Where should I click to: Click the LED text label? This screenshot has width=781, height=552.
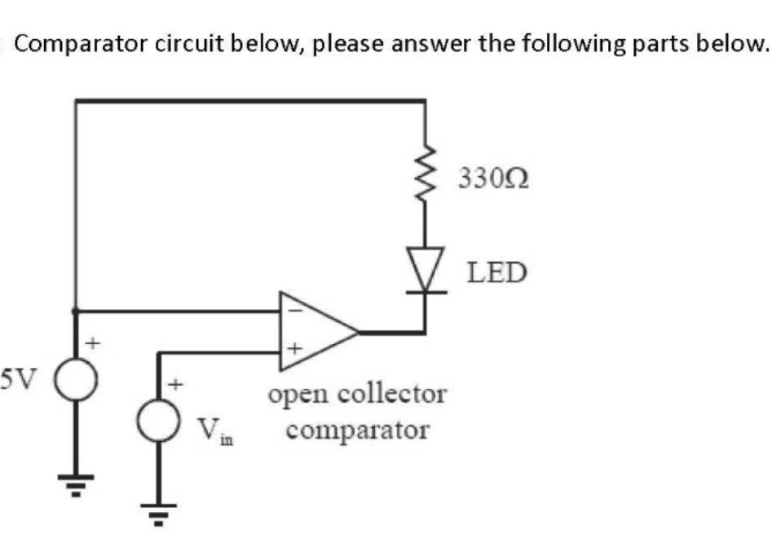[496, 272]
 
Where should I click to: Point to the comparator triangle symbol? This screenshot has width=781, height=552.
[318, 332]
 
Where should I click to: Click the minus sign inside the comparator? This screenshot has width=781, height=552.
[296, 311]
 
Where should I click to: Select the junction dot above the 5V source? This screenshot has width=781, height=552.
[76, 311]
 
